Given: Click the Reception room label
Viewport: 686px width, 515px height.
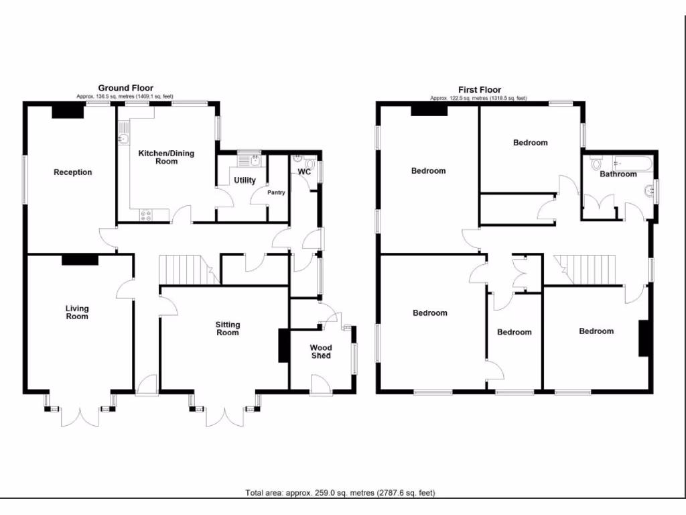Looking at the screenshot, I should (72, 172).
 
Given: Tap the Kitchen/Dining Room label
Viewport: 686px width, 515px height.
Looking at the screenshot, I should (166, 157).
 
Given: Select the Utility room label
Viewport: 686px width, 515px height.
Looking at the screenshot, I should (245, 180).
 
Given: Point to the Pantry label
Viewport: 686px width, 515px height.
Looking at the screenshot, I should (276, 192).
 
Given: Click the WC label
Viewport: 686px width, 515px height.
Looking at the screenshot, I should (304, 172).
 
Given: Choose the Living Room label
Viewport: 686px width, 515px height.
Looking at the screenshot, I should (77, 312).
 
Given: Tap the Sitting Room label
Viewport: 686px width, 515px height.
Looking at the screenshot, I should (227, 329).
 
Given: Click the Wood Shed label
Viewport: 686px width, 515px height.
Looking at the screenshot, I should (320, 351).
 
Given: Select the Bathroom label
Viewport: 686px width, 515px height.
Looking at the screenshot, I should (618, 174).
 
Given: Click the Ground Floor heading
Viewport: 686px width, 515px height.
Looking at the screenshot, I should (125, 88).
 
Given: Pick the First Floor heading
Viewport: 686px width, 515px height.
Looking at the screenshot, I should (479, 90).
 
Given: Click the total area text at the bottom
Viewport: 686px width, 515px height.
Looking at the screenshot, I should (340, 494).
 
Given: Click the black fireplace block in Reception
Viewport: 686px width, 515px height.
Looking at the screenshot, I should (68, 111).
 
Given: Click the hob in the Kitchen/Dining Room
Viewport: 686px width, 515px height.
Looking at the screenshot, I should (145, 215).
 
